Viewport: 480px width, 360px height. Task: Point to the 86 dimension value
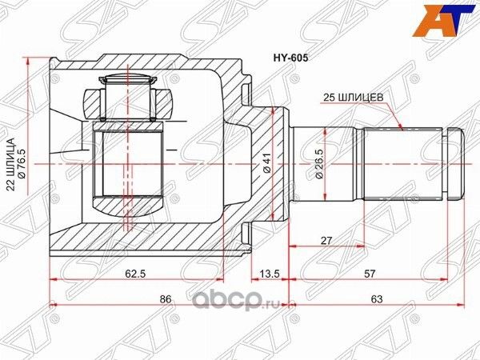[166, 300]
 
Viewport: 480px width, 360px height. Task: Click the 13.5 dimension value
[269, 272]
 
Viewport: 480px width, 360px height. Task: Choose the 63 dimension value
[375, 300]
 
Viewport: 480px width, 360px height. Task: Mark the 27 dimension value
[326, 238]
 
